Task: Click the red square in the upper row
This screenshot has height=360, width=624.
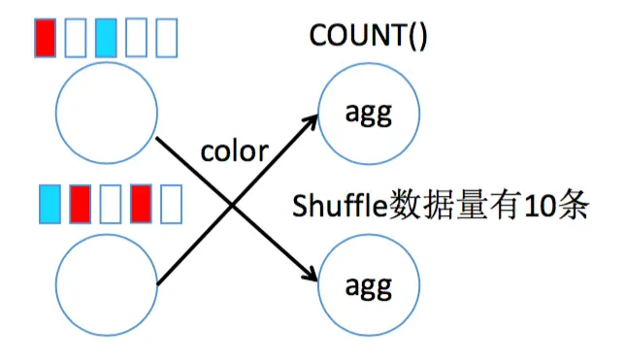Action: [x=45, y=37]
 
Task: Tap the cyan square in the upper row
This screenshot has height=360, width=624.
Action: [x=107, y=37]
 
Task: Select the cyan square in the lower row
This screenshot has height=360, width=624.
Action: [x=49, y=203]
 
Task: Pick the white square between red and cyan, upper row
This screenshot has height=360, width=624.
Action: [x=76, y=37]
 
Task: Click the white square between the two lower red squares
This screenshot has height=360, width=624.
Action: [x=111, y=203]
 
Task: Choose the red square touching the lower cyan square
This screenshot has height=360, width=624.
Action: [x=80, y=203]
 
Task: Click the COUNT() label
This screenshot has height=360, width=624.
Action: [x=369, y=36]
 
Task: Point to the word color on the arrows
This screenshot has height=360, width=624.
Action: [x=233, y=152]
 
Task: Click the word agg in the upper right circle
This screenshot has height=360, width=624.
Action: [x=369, y=115]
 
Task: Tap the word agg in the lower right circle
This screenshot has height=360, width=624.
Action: [x=369, y=286]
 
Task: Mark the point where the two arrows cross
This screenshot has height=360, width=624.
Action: [x=234, y=204]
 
